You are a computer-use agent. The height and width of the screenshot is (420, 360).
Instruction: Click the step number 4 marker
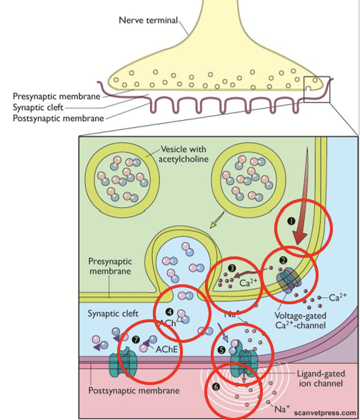(x=169, y=311)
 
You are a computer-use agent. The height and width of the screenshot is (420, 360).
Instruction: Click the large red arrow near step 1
(x=302, y=214)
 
